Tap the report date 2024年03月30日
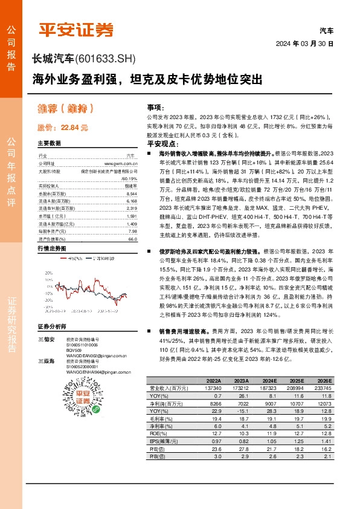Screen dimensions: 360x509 304,44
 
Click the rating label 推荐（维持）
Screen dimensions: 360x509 65,109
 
